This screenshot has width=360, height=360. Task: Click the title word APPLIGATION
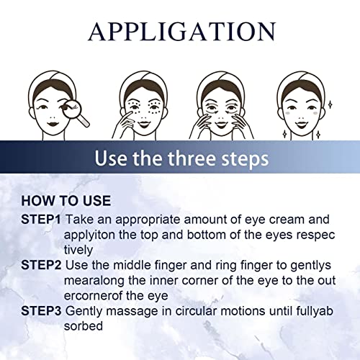[x=182, y=32]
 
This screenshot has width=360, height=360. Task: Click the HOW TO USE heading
[x=66, y=201]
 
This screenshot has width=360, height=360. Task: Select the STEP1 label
[x=41, y=219]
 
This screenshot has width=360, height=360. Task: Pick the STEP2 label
[x=41, y=265]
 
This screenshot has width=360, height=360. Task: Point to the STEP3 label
[x=41, y=311]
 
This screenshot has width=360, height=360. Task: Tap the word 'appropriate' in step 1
[x=148, y=220]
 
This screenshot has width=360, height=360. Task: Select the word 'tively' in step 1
[x=78, y=251]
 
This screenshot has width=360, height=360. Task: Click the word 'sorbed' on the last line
[x=84, y=326]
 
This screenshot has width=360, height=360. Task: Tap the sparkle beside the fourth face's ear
[x=330, y=104]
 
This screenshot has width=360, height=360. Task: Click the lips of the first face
[x=53, y=124]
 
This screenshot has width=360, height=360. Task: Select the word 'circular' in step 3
[x=196, y=311]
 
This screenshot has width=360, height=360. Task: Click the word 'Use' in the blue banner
[x=111, y=158]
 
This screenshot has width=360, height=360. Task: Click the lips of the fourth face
[x=300, y=125]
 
